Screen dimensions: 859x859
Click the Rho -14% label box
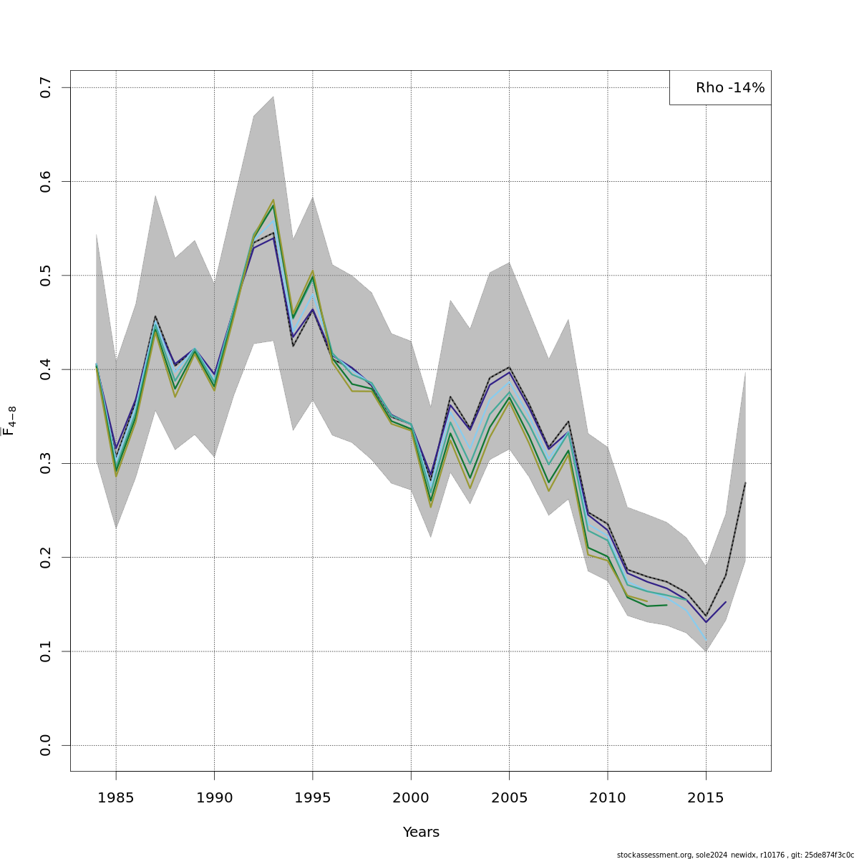coord(721,88)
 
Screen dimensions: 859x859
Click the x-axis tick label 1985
coord(116,797)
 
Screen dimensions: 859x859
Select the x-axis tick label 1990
coord(214,797)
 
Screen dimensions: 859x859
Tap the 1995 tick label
coord(312,797)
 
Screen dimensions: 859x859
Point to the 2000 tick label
coord(411,797)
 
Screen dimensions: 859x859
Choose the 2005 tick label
coord(509,797)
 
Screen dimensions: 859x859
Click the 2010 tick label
coord(608,797)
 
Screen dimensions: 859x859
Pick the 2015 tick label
coord(706,797)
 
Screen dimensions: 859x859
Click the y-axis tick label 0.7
coord(46,87)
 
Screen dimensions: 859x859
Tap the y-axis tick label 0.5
coord(46,276)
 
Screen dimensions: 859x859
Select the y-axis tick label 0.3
coord(46,463)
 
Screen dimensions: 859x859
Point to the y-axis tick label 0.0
coord(46,745)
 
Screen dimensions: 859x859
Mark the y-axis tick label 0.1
coord(46,651)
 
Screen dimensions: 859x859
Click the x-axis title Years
coord(421,833)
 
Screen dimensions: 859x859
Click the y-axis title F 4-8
coord(9,421)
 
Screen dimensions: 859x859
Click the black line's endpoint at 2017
coord(745,482)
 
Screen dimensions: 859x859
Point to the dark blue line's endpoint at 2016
coord(726,602)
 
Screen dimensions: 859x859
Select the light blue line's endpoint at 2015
coord(706,640)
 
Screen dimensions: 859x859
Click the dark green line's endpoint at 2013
coord(666,605)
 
